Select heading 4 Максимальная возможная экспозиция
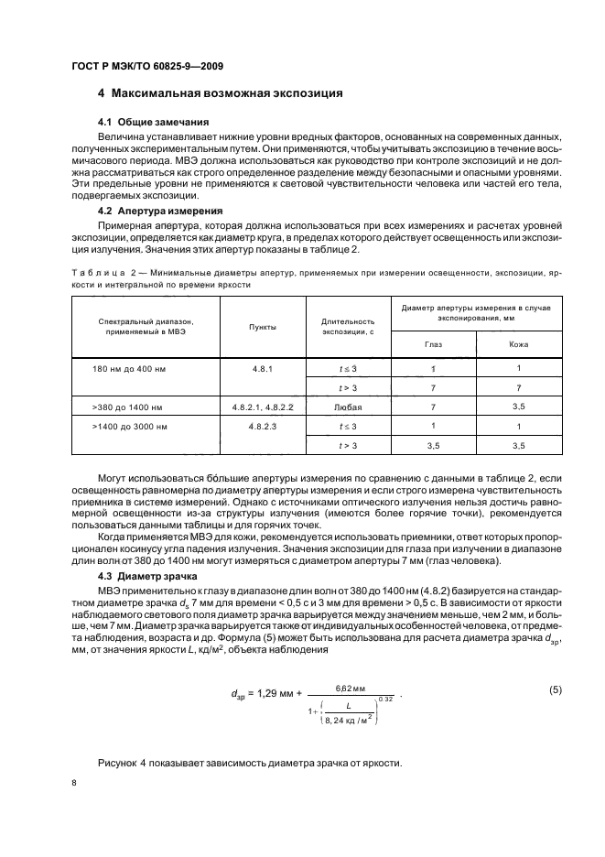(x=220, y=93)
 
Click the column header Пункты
(x=263, y=326)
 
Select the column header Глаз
(x=433, y=344)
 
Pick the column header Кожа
(x=518, y=344)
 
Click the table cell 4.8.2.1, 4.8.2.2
(x=263, y=407)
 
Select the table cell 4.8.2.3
(x=263, y=426)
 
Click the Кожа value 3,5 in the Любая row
(x=518, y=407)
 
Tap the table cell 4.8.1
(x=263, y=368)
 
